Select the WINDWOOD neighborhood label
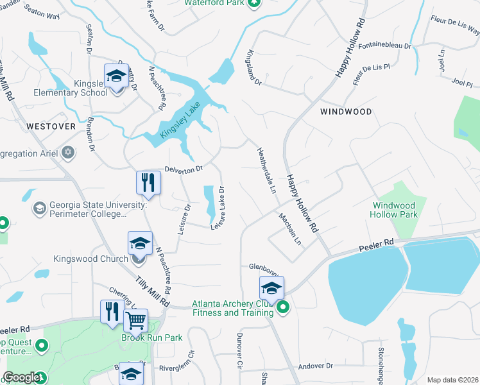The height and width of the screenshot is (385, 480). pyautogui.click(x=346, y=112)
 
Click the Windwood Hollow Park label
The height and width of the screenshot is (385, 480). pyautogui.click(x=395, y=210)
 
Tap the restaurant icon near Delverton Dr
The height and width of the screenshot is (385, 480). pyautogui.click(x=148, y=182)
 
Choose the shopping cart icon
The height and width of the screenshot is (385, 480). pyautogui.click(x=135, y=320)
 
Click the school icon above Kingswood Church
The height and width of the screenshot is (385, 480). pyautogui.click(x=140, y=243)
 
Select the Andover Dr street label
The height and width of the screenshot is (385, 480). pyautogui.click(x=316, y=366)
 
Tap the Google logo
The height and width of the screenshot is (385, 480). pyautogui.click(x=21, y=378)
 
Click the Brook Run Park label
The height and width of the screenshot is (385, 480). pyautogui.click(x=152, y=338)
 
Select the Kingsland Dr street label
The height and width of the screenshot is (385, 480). pyautogui.click(x=253, y=68)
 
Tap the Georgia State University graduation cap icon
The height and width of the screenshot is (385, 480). pyautogui.click(x=39, y=209)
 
